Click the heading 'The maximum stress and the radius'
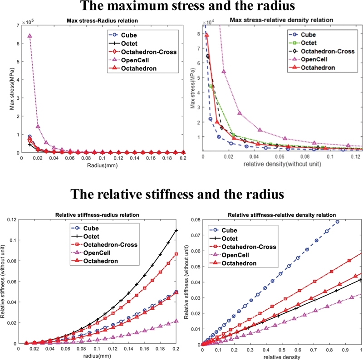click(x=181, y=7)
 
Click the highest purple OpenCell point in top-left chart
click(x=29, y=36)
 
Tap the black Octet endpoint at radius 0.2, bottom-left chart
click(x=177, y=231)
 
